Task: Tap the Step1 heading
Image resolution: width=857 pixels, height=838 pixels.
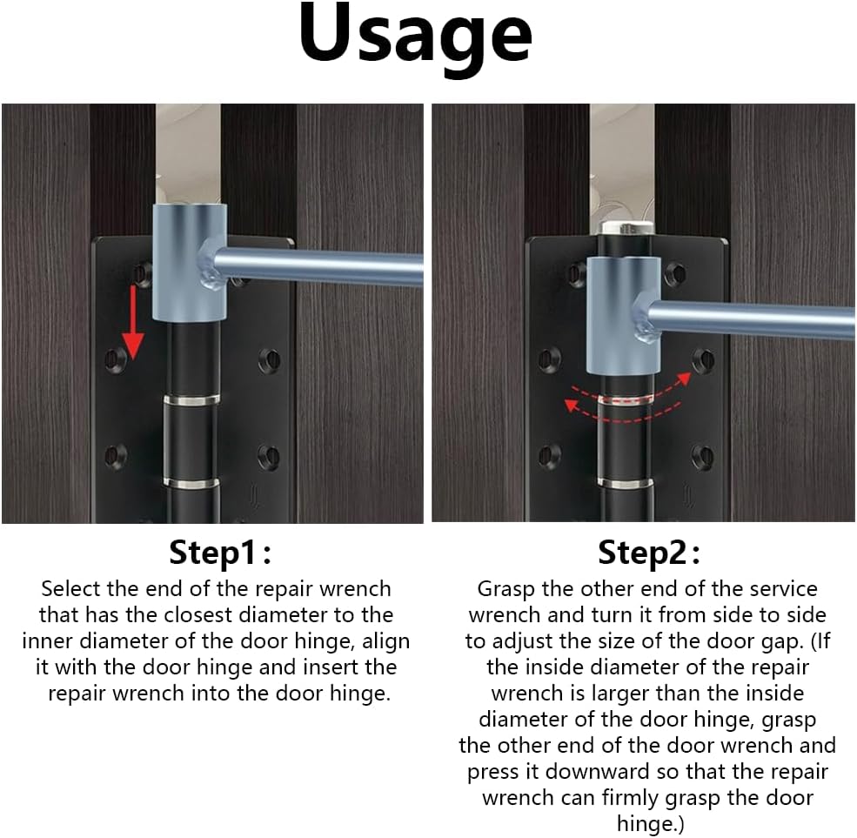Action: tap(220, 552)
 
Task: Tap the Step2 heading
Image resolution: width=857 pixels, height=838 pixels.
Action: tap(649, 552)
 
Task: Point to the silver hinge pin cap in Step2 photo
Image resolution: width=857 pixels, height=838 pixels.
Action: tap(627, 228)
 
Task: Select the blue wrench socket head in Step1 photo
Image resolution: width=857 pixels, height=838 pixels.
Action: tap(189, 263)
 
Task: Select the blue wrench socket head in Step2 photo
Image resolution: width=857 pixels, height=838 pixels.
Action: tap(623, 315)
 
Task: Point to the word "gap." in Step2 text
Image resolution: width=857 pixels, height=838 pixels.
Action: tap(781, 641)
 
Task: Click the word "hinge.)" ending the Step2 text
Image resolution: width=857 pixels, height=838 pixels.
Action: tap(651, 823)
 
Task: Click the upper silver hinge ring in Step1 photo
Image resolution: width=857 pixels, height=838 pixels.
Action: tap(191, 399)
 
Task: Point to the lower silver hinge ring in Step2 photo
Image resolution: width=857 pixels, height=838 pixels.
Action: tap(626, 483)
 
